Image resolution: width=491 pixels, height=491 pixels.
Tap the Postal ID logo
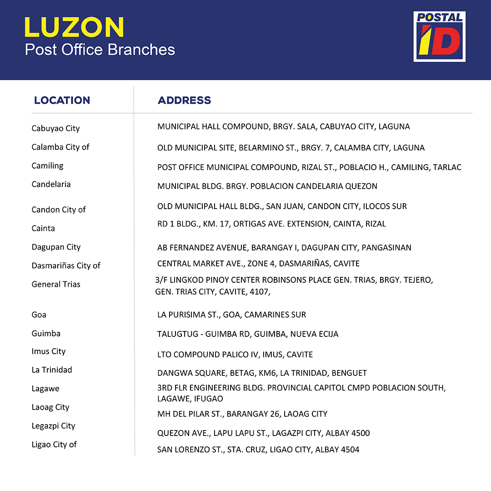click(x=439, y=36)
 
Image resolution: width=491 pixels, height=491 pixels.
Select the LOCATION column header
click(x=62, y=100)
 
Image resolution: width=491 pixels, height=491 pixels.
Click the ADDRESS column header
click(x=184, y=100)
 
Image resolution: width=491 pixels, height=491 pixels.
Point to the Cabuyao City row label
click(x=55, y=129)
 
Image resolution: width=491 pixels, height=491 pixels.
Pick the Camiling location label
click(x=47, y=166)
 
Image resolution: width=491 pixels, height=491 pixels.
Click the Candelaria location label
click(x=51, y=185)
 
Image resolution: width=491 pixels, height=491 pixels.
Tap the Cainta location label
click(x=43, y=229)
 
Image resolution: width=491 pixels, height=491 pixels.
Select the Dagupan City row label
click(x=56, y=247)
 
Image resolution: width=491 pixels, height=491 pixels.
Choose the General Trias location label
click(x=56, y=285)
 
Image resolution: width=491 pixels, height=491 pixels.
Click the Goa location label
click(x=39, y=315)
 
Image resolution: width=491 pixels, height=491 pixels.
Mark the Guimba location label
click(x=46, y=334)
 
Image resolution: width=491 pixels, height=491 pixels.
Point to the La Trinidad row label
click(x=52, y=370)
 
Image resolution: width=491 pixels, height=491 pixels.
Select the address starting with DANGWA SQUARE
click(x=262, y=373)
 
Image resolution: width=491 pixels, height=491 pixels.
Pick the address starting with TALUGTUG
click(x=248, y=334)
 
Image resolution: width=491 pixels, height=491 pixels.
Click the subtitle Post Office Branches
click(x=100, y=49)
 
